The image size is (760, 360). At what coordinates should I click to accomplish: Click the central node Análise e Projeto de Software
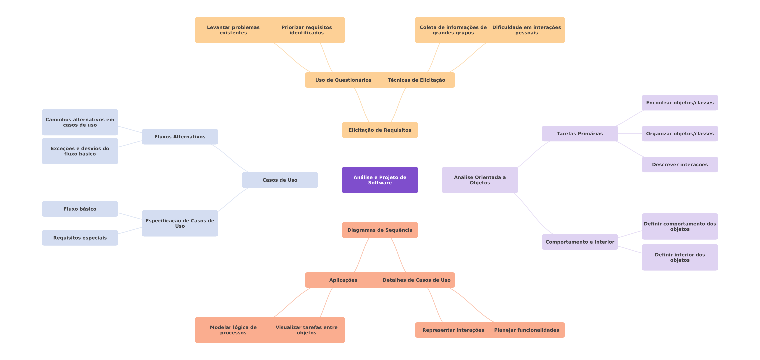click(x=380, y=180)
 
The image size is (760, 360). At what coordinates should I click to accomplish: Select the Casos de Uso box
click(x=280, y=180)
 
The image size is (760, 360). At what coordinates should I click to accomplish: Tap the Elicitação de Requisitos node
click(x=380, y=130)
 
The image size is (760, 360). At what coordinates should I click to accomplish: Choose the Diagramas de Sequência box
click(x=380, y=230)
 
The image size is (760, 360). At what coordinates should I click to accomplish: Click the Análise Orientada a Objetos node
click(x=480, y=180)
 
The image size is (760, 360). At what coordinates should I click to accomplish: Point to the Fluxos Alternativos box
click(x=180, y=137)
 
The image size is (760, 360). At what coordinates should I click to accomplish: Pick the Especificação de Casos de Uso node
click(x=180, y=223)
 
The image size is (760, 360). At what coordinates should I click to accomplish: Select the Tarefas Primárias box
click(x=580, y=134)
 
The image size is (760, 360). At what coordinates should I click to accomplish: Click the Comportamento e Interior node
click(x=580, y=242)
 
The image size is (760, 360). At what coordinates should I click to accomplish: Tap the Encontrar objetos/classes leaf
click(x=680, y=103)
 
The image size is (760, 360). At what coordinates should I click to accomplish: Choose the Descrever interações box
click(x=680, y=165)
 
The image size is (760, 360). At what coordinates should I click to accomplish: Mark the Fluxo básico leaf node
click(x=80, y=209)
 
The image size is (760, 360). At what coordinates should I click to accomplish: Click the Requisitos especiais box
click(x=80, y=238)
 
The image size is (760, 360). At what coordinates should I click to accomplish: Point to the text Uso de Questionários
click(x=343, y=80)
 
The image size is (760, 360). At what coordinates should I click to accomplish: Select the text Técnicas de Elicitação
click(x=416, y=80)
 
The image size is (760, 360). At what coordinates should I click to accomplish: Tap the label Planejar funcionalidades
click(x=526, y=330)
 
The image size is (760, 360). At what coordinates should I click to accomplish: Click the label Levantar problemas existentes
click(x=233, y=30)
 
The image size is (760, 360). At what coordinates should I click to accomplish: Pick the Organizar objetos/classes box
click(x=680, y=134)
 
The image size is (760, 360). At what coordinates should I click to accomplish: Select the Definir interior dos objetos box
click(x=680, y=257)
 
